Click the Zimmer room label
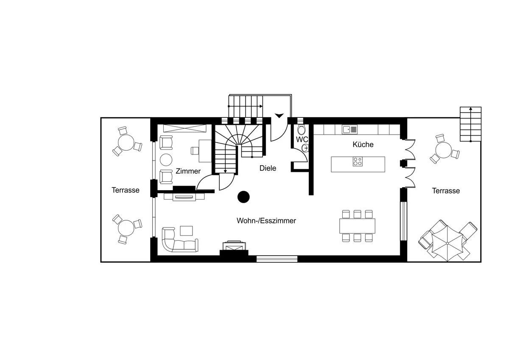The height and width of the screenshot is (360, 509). (188, 171)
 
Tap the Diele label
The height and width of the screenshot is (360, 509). (268, 168)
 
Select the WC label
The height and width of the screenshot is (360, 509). (302, 139)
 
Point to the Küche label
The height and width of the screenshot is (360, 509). (363, 144)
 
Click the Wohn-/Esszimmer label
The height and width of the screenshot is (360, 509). (266, 221)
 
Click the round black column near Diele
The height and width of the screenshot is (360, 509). (243, 197)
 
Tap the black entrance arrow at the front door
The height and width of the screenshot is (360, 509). (279, 115)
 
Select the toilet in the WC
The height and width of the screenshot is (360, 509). (301, 129)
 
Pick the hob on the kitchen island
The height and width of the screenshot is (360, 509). (358, 161)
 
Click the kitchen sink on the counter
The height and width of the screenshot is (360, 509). (350, 129)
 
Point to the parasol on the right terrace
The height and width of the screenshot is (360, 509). (447, 243)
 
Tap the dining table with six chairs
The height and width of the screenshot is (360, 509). (357, 226)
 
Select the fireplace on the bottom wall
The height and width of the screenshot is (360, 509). (234, 248)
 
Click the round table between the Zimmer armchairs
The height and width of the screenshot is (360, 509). (166, 160)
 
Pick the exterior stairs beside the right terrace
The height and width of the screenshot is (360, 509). (470, 124)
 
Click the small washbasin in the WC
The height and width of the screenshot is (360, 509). (305, 148)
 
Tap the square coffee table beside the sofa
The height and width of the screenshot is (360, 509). (186, 231)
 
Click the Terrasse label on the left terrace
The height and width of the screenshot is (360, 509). (126, 190)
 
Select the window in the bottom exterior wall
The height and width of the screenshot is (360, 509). (277, 259)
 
